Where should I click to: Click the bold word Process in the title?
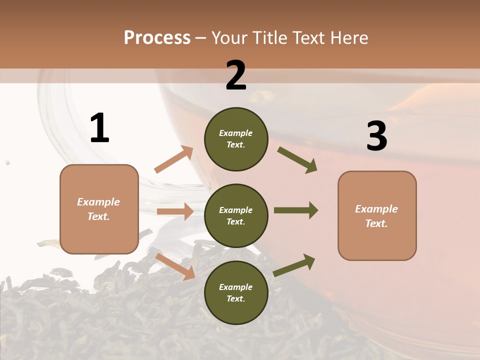(x=157, y=37)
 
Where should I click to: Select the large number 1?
(x=99, y=128)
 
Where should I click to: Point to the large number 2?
(x=236, y=75)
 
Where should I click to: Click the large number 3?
(x=376, y=136)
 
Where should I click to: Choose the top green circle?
(x=236, y=139)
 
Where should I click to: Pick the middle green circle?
(x=236, y=215)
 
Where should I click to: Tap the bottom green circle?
(x=236, y=292)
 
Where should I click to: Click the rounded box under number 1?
(x=99, y=209)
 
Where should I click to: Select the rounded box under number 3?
(x=377, y=215)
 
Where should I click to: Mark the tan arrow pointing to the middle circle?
(x=175, y=211)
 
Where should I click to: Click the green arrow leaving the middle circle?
(x=296, y=210)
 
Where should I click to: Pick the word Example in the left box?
(x=98, y=201)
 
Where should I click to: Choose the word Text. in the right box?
(x=376, y=223)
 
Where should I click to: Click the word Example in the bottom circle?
(x=236, y=287)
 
